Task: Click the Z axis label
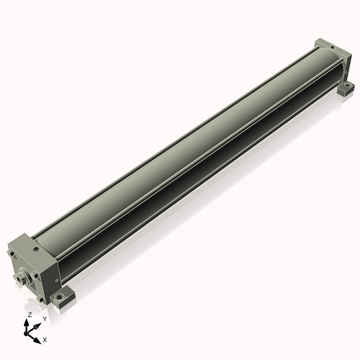click(x=30, y=315)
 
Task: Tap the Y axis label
click(x=45, y=319)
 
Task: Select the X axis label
click(x=45, y=340)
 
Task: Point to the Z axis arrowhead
click(x=26, y=323)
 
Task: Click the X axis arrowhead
click(x=37, y=341)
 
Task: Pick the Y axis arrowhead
click(x=37, y=327)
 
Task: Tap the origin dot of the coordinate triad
click(x=26, y=334)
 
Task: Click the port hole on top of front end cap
click(x=37, y=250)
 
